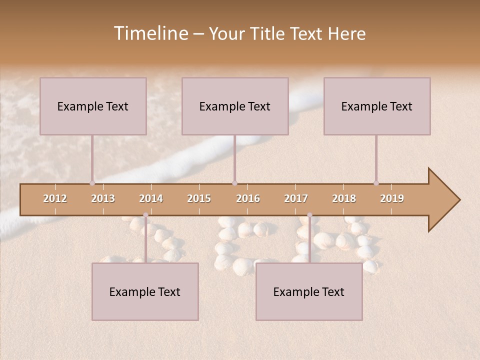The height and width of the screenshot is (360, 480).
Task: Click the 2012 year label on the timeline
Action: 55,198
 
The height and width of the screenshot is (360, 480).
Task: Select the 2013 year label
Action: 103,198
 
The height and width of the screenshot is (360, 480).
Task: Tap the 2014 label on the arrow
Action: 151,198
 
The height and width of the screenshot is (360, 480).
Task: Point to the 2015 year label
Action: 199,198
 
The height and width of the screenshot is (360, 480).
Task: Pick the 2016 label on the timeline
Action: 248,198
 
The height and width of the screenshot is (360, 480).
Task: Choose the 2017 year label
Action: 296,198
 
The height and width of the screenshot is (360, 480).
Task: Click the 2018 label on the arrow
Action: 344,198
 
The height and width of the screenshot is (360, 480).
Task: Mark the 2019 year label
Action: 392,198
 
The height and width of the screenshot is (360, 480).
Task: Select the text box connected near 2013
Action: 93,106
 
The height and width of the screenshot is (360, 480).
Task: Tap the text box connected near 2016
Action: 235,106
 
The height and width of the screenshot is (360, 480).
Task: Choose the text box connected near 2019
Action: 377,106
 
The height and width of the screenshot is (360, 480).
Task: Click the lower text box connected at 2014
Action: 145,291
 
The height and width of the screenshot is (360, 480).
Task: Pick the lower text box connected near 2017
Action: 309,291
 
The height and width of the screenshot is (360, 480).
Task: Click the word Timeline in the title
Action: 150,33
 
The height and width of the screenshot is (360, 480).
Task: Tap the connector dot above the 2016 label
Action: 234,183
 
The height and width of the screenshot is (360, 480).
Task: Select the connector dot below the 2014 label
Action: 145,215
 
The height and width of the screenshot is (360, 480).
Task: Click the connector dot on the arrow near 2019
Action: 376,183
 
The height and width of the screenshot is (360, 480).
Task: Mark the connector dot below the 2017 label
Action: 309,215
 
